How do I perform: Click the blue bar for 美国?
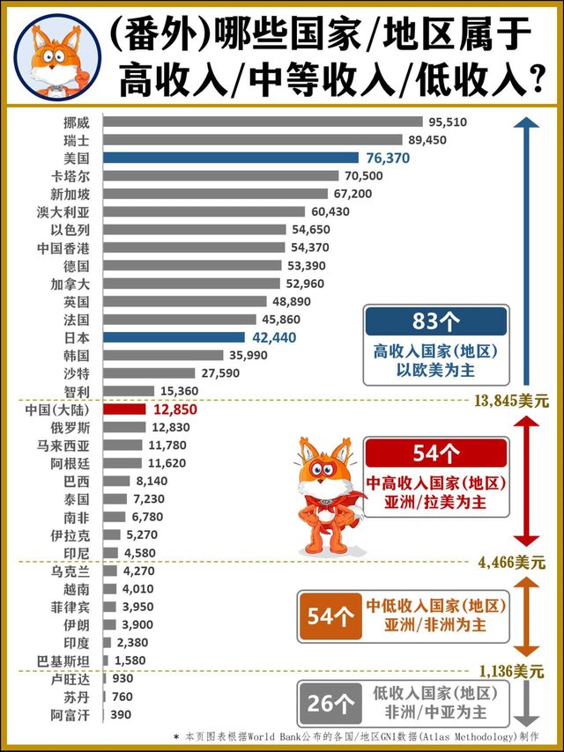coord(231,158)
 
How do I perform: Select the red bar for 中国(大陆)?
coord(124,409)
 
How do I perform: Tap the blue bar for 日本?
coord(174,337)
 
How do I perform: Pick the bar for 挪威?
coord(263,122)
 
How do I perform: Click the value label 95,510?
coord(448,122)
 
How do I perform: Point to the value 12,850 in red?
coord(175,409)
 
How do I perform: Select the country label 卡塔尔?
coord(70,176)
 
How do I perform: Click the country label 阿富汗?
coord(70,715)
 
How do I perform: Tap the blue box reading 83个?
coord(436,321)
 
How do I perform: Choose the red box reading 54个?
coord(436,453)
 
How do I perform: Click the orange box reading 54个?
coord(330,616)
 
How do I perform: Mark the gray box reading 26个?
coord(330,704)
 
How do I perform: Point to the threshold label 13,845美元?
coord(511,401)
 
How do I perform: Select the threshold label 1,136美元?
coord(510,671)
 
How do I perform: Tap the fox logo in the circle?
coord(57,57)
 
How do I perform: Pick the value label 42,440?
coord(274,338)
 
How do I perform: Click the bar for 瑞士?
coord(253,139)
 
